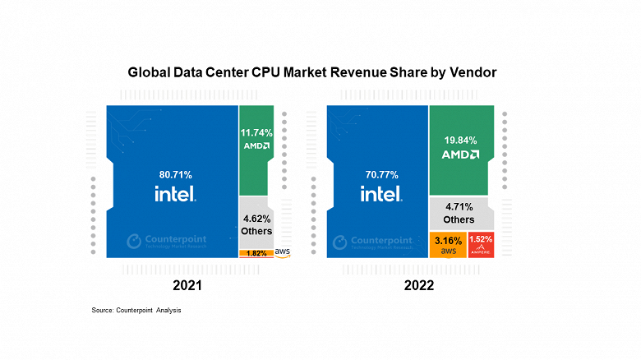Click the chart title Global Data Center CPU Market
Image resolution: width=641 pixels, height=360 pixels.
click(311, 72)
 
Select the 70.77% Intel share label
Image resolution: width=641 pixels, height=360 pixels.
click(381, 174)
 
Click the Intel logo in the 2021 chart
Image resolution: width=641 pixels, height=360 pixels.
click(174, 194)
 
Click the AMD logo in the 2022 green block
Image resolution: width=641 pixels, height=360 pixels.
click(460, 154)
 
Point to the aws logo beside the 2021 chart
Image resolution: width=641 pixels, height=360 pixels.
click(284, 252)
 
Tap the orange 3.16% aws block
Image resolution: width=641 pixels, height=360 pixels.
click(447, 244)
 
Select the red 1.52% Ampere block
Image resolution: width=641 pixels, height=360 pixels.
click(480, 244)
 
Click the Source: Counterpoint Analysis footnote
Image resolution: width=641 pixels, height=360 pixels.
click(136, 310)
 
